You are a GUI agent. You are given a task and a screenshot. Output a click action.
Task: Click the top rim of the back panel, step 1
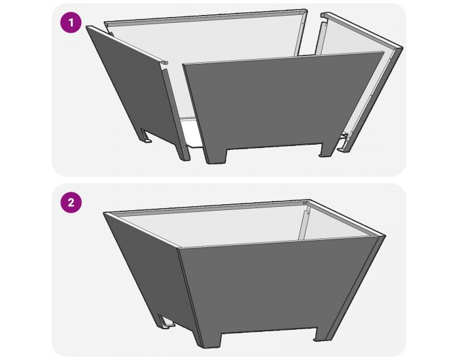pos(209,16)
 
